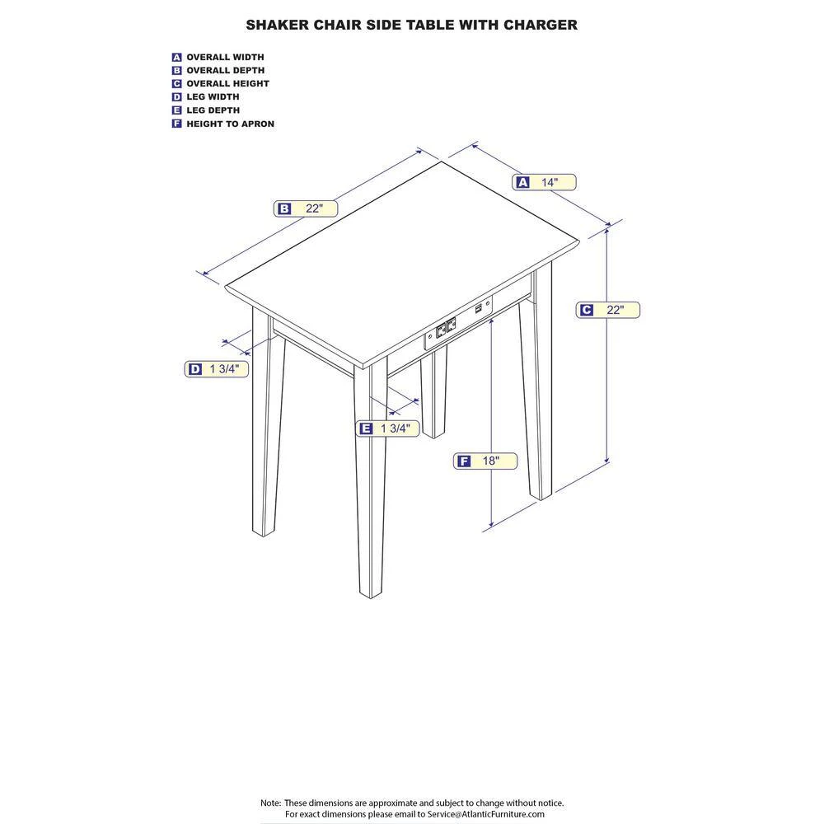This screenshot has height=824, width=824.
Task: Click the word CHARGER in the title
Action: pyautogui.click(x=541, y=25)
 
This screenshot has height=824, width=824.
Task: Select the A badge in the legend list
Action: pyautogui.click(x=176, y=58)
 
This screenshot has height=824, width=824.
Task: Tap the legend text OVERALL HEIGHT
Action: pyautogui.click(x=227, y=83)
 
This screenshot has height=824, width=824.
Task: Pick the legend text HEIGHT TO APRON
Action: pyautogui.click(x=230, y=124)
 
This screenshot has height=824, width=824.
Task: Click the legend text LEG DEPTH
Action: pyautogui.click(x=213, y=110)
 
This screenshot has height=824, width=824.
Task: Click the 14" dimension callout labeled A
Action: pyautogui.click(x=544, y=182)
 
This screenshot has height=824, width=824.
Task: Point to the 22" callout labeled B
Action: pyautogui.click(x=306, y=208)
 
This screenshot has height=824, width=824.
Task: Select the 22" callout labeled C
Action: pyautogui.click(x=607, y=310)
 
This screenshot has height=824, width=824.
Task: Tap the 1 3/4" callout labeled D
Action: pyautogui.click(x=216, y=369)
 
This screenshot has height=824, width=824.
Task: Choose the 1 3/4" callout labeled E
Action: pyautogui.click(x=387, y=428)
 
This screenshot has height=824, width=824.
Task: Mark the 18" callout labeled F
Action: pyautogui.click(x=485, y=461)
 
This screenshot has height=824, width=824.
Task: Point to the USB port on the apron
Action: pyautogui.click(x=479, y=308)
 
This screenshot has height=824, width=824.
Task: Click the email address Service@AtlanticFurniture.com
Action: pyautogui.click(x=485, y=814)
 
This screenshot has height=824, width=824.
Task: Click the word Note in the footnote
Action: pyautogui.click(x=270, y=803)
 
